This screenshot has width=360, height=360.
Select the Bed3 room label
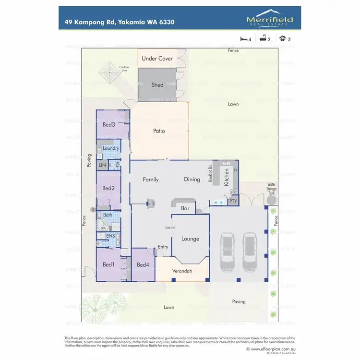[108, 124]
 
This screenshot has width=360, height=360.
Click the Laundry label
[111, 148]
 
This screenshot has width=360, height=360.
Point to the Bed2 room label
[108, 188]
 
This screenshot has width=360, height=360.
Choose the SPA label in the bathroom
[103, 228]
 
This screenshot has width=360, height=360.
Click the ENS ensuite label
[110, 236]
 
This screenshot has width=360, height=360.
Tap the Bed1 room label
[108, 264]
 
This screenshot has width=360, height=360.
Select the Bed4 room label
[143, 264]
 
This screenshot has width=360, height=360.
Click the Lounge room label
[190, 239]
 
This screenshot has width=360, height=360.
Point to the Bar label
[185, 209]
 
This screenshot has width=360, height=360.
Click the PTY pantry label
[233, 202]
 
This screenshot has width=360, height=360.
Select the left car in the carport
[228, 251]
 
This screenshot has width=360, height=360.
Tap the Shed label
[157, 85]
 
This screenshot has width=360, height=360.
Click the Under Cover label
[157, 59]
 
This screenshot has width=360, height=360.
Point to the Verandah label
[182, 271]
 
